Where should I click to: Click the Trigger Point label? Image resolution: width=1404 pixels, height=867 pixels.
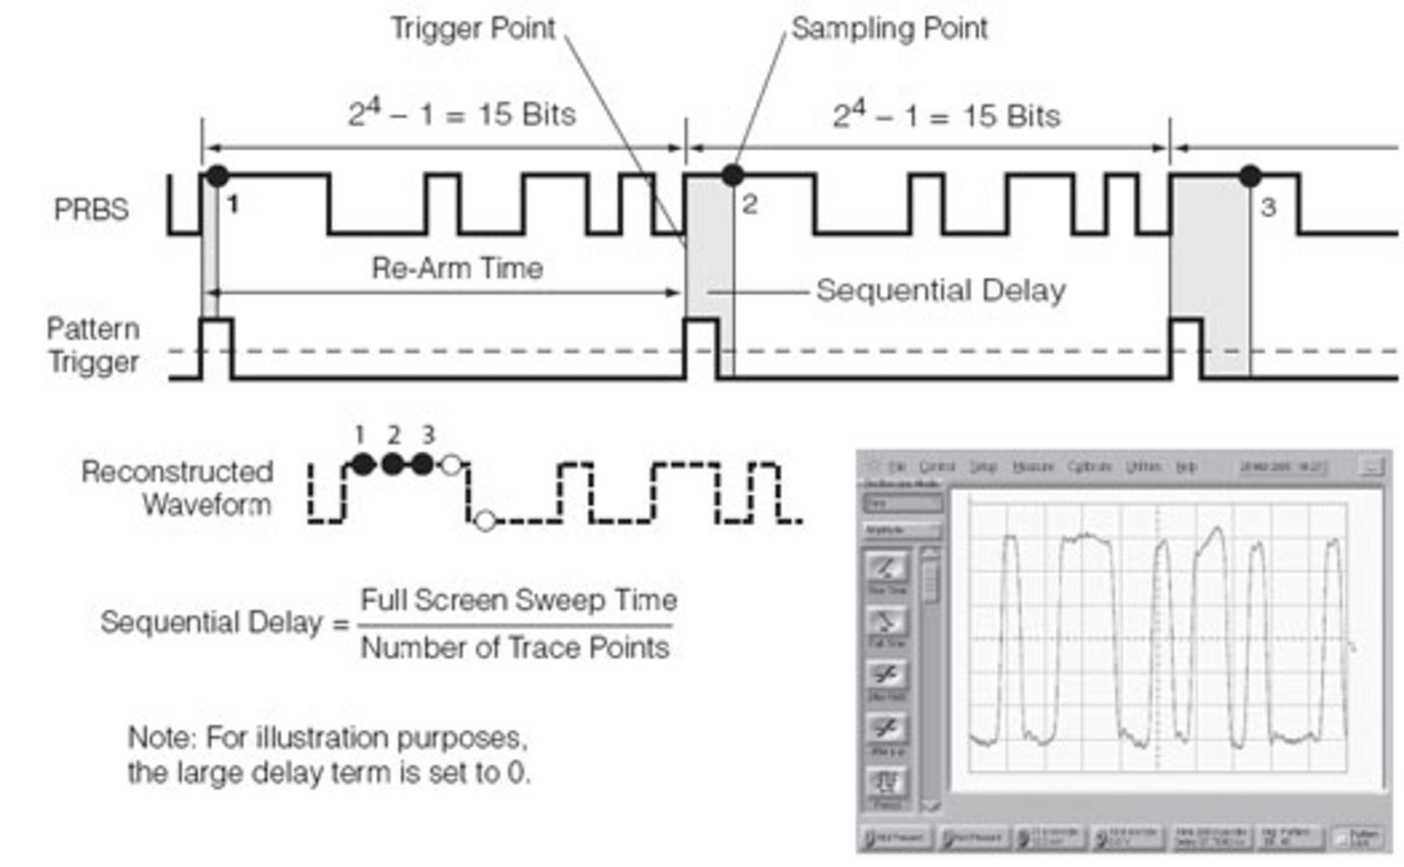point(473,29)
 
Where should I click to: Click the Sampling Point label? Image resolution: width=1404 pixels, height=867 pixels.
point(888,29)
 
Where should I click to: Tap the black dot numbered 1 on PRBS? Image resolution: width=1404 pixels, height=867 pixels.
point(216,176)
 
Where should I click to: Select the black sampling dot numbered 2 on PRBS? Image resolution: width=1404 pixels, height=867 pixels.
point(732,175)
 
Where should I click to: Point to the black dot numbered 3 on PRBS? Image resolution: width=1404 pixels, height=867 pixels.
point(1250,176)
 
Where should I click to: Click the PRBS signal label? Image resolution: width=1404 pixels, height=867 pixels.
point(91,210)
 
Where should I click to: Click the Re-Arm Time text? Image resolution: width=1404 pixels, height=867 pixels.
point(457,269)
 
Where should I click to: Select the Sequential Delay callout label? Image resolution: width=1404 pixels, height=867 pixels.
point(940,290)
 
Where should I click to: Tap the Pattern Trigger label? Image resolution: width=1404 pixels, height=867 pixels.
point(93,345)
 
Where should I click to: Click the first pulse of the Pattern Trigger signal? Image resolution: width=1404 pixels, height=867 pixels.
point(216,348)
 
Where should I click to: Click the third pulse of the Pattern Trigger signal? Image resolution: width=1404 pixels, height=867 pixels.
point(1185,348)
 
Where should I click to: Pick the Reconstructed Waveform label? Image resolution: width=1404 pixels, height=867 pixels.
point(178,488)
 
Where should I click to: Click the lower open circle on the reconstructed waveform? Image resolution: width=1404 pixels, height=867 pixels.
point(485,520)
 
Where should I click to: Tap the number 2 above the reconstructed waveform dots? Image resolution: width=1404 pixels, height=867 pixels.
point(394,435)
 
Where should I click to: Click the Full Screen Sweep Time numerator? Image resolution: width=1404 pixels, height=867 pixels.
point(518,601)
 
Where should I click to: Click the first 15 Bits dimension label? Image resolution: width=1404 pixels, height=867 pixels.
point(461,115)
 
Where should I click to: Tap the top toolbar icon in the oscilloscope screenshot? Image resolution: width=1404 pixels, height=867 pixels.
point(886,568)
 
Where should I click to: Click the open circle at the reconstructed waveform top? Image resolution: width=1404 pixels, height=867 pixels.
point(452,465)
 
